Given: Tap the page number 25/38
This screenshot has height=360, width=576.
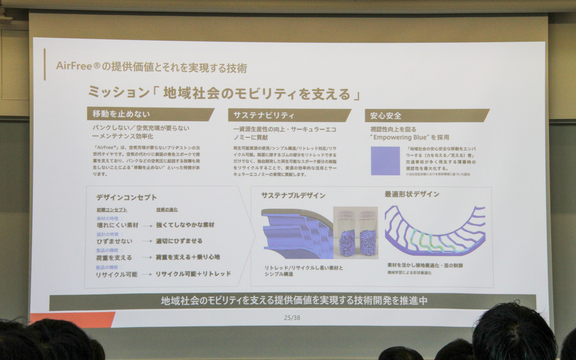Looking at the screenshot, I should [292, 317].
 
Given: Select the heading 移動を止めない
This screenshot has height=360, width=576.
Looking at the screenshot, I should [121, 114].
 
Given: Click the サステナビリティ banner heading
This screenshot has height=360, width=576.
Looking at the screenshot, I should [264, 115].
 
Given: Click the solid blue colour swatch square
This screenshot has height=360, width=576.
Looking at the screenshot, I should [385, 161].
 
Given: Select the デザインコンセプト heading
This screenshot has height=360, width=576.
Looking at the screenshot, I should [127, 197].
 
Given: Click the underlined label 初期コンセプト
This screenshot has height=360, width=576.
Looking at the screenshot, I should [112, 210].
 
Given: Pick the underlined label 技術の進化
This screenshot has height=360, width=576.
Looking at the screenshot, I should [167, 209].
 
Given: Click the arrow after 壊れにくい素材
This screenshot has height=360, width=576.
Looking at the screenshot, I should [147, 226].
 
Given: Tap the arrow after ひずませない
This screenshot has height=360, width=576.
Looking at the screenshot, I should [147, 241].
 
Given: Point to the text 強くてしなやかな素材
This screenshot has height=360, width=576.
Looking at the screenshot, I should [185, 225].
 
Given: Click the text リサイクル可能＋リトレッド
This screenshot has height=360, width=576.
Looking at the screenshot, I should [193, 274].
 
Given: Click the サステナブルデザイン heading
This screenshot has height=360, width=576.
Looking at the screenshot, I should [293, 196].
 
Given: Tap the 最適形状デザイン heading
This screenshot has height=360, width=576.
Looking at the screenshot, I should [412, 194].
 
